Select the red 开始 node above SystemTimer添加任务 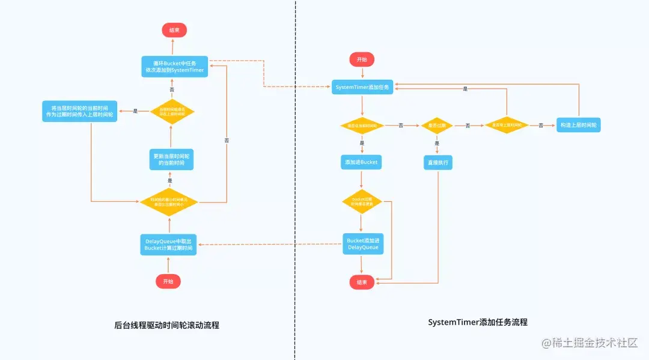[362, 59]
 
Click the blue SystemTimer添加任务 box [362, 87]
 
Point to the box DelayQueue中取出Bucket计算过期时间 [169, 245]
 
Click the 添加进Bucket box [361, 162]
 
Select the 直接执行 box [437, 162]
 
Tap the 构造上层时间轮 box [579, 125]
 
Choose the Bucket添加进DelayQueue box [362, 243]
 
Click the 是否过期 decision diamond [437, 125]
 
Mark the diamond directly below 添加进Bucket [362, 201]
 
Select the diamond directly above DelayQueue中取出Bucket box [169, 201]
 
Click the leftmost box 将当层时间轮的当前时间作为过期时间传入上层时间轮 [80, 111]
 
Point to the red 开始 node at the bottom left [168, 281]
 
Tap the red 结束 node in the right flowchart [362, 282]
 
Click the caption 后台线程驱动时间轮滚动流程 [166, 325]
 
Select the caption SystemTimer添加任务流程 [478, 322]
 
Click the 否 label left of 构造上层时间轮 [541, 125]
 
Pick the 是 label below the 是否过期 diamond [437, 143]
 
